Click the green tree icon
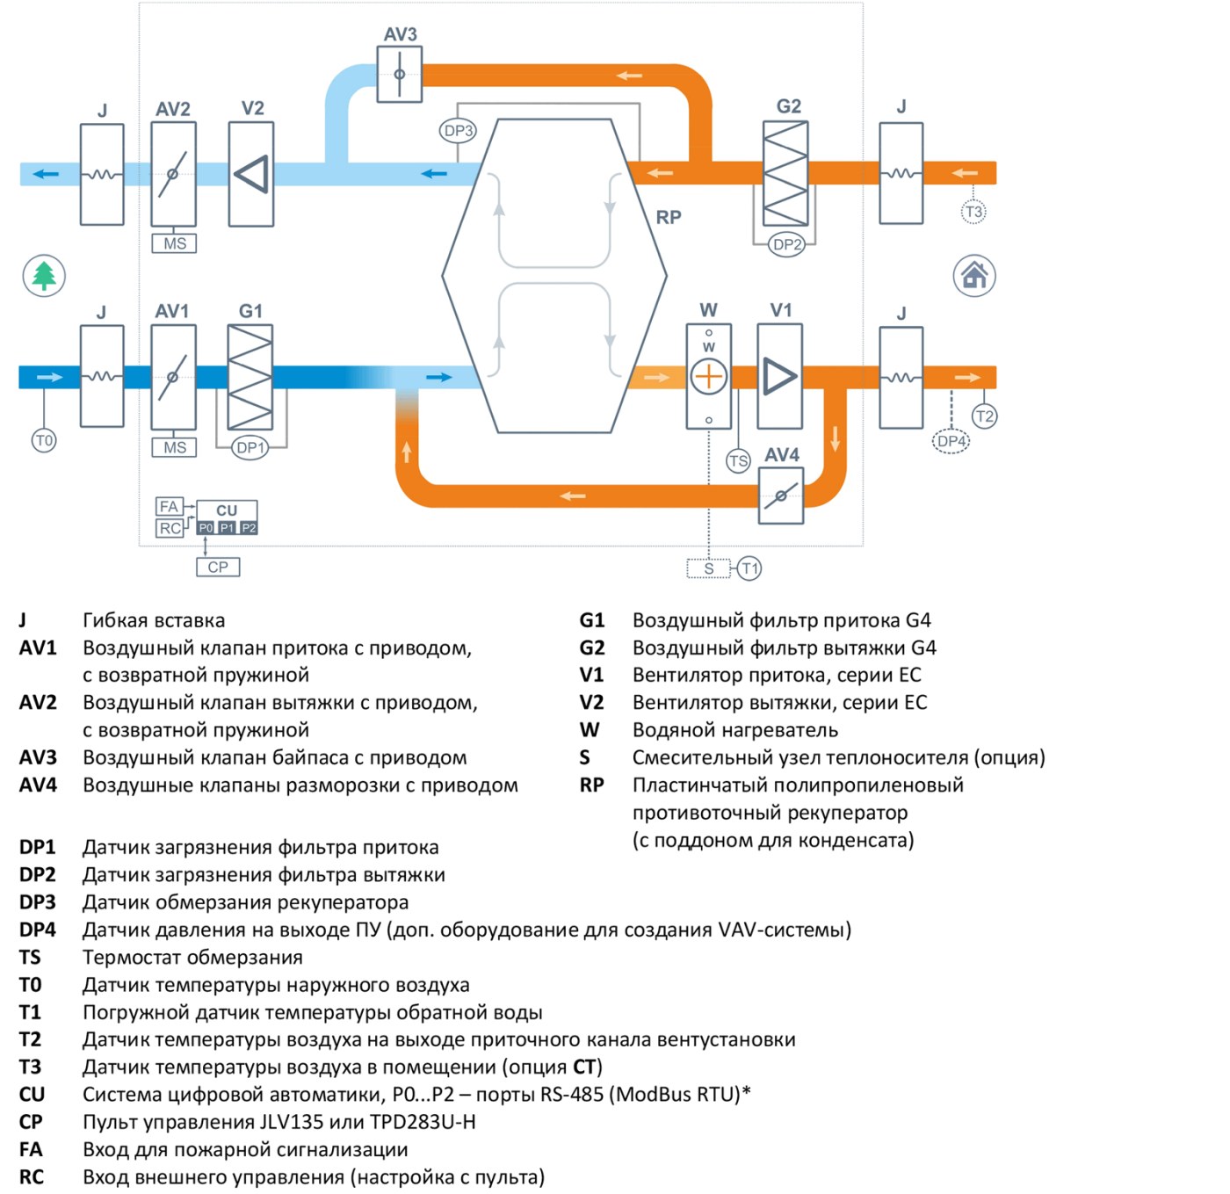[x=44, y=276]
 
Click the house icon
[x=974, y=276]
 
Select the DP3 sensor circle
[x=458, y=131]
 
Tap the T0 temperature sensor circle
[x=44, y=440]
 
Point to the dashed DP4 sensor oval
[x=951, y=440]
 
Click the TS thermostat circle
[x=738, y=460]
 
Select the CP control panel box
[x=218, y=567]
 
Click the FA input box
[x=170, y=506]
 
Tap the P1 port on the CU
[x=227, y=528]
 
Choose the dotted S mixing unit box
[x=708, y=568]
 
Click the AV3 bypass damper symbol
[x=400, y=74]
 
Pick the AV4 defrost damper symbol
[x=780, y=496]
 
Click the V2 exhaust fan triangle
[x=252, y=174]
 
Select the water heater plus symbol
[x=708, y=377]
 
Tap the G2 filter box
[x=785, y=174]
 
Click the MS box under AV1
[x=174, y=447]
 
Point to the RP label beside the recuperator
[x=668, y=217]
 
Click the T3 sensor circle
[x=973, y=211]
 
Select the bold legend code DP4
[x=37, y=930]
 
